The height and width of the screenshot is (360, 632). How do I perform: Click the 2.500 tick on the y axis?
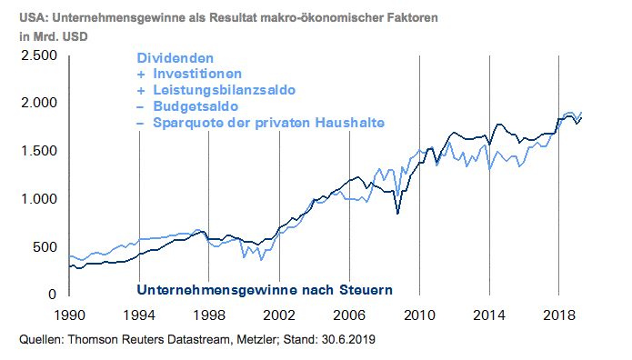pyautogui.click(x=37, y=55)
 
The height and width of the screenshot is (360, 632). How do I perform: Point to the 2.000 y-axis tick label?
pyautogui.click(x=37, y=103)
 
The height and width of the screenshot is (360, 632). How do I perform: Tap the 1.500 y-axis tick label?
pyautogui.click(x=37, y=151)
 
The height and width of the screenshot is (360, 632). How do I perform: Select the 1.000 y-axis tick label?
pyautogui.click(x=37, y=198)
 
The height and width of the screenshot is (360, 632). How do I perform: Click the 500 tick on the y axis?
pyautogui.click(x=45, y=246)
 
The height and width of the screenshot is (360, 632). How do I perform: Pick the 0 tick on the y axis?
pyautogui.click(x=53, y=294)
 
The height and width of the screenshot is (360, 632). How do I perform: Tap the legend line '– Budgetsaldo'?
pyautogui.click(x=181, y=106)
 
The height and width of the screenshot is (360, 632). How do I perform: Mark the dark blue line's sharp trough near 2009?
pyautogui.click(x=397, y=214)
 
